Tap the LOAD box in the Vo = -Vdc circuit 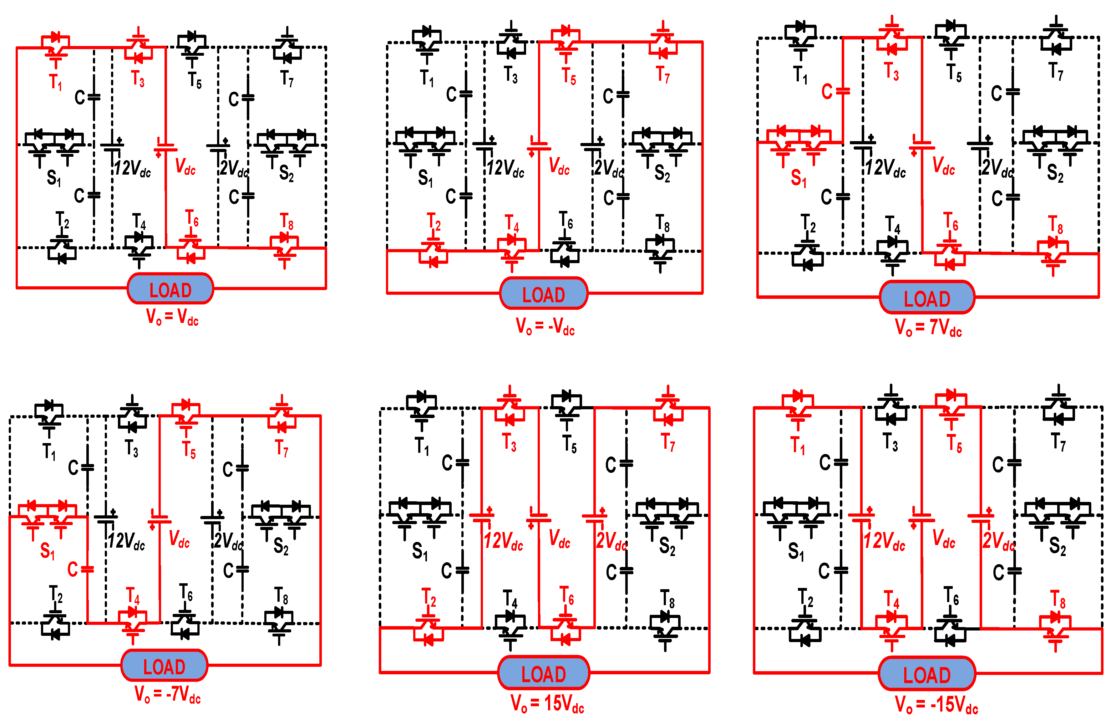[x=543, y=294]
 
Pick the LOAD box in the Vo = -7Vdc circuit [x=164, y=666]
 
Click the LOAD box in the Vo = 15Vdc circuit [x=543, y=673]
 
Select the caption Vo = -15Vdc [x=936, y=704]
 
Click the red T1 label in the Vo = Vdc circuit [x=56, y=82]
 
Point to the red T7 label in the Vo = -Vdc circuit [x=663, y=75]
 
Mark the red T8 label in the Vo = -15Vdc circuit [x=1057, y=599]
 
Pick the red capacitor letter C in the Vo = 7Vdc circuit [x=827, y=92]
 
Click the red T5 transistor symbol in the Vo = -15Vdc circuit [x=951, y=406]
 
